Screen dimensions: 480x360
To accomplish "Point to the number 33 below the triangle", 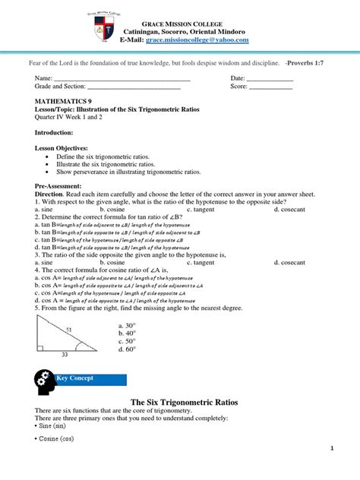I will click(x=65, y=355).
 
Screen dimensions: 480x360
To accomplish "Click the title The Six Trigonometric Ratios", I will click(x=179, y=401).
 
